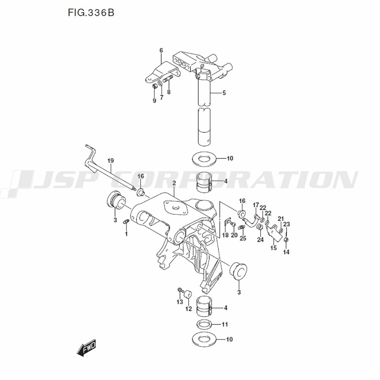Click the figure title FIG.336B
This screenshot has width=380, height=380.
(x=91, y=13)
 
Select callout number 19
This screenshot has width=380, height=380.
(x=110, y=160)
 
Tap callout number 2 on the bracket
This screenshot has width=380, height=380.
(x=174, y=184)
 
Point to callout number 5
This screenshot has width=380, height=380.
(x=224, y=93)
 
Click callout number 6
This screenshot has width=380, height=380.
(x=161, y=51)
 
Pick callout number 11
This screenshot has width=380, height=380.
(x=225, y=325)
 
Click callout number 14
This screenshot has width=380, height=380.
(x=286, y=252)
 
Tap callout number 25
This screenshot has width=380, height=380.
(x=243, y=238)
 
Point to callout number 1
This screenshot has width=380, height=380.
(x=126, y=234)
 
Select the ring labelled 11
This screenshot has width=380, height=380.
(x=204, y=325)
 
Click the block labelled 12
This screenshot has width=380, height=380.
(x=187, y=296)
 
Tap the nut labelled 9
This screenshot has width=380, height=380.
(x=155, y=87)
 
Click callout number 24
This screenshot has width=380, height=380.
(x=260, y=239)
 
